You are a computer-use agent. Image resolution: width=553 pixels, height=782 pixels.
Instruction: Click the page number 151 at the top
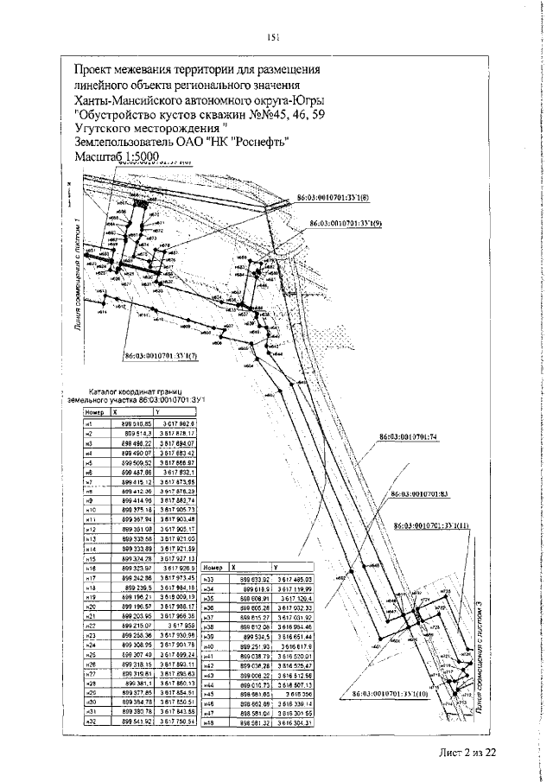coord(272,36)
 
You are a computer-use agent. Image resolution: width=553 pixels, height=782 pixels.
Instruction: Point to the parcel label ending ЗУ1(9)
coord(346,222)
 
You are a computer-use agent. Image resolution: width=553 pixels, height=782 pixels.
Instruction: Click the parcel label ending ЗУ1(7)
coord(162,354)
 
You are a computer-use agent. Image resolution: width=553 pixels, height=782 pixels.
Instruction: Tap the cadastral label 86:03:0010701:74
coord(410,436)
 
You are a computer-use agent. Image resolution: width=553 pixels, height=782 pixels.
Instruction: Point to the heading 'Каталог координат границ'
coord(138,391)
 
